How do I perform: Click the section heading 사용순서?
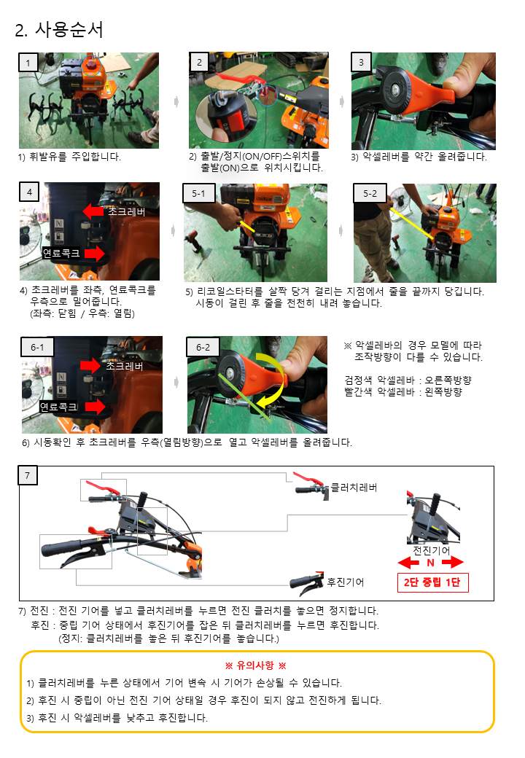pyautogui.click(x=69, y=30)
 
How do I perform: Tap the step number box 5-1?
pyautogui.click(x=198, y=193)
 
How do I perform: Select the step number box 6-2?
pyautogui.click(x=203, y=347)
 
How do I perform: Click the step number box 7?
pyautogui.click(x=28, y=475)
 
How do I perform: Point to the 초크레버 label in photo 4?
pyautogui.click(x=126, y=212)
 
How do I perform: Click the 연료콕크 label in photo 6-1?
pyautogui.click(x=59, y=407)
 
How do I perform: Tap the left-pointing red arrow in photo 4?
pyautogui.click(x=93, y=211)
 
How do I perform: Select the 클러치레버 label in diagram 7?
pyautogui.click(x=354, y=488)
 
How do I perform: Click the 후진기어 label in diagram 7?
pyautogui.click(x=346, y=582)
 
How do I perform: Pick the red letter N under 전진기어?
pyautogui.click(x=430, y=563)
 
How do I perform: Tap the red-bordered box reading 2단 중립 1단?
pyautogui.click(x=432, y=582)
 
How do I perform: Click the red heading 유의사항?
pyautogui.click(x=255, y=665)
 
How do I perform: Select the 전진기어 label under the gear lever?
pyautogui.click(x=431, y=550)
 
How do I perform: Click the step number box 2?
pyautogui.click(x=199, y=62)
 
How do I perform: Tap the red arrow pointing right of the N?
pyautogui.click(x=453, y=562)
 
